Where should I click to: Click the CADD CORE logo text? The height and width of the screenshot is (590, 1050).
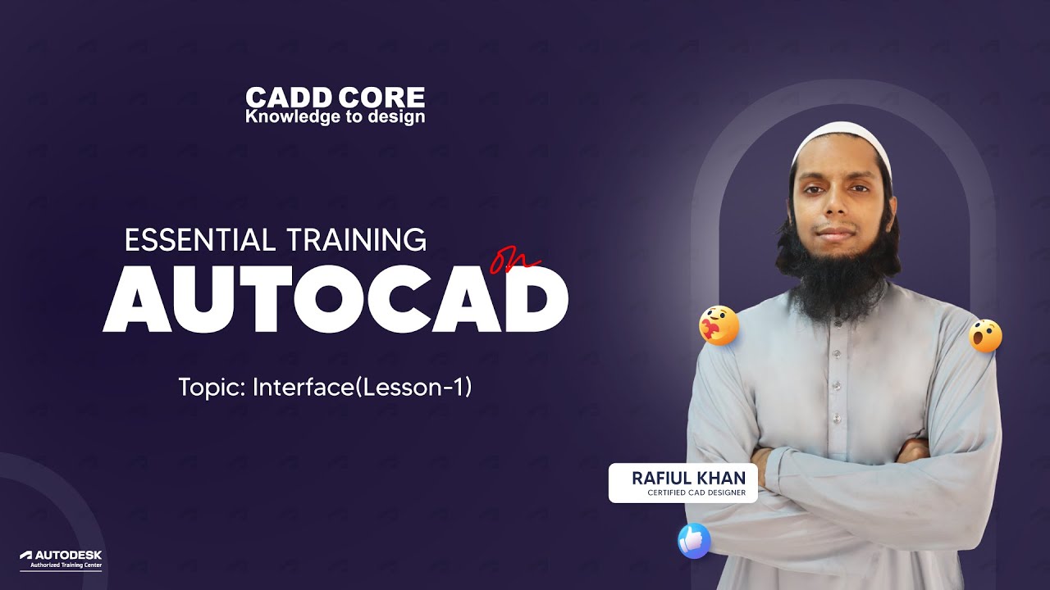tap(335, 98)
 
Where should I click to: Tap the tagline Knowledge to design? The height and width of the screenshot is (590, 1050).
tap(335, 117)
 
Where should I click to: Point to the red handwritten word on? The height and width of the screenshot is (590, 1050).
tap(514, 261)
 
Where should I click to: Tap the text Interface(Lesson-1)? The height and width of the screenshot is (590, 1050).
tap(362, 387)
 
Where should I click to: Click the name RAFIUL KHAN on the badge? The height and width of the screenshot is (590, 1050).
tap(688, 478)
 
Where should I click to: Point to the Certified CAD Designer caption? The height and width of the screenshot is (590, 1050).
tap(696, 492)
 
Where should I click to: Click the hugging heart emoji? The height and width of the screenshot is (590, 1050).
tap(719, 326)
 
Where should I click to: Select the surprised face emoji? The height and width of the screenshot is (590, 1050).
tap(985, 336)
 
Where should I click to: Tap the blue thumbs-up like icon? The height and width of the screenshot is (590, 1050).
tap(693, 541)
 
